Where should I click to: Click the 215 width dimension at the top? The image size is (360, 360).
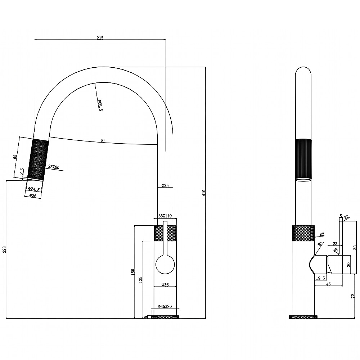pos(100,38)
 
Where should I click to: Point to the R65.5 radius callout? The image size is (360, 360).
pos(100,105)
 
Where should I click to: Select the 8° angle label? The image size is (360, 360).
pos(103,140)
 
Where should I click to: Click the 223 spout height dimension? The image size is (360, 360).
pos(4,249)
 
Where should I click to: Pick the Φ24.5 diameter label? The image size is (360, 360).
pos(34,189)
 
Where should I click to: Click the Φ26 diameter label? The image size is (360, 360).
pos(33,195)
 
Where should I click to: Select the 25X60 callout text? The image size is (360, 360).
pos(54,167)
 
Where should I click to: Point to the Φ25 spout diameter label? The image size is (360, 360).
pos(165,185)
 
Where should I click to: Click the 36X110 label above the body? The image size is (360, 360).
pos(165,216)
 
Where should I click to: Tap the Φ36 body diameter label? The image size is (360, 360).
pos(165,285)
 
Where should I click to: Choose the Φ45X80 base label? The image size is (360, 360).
pos(165,306)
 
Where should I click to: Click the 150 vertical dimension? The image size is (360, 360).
pos(133,272)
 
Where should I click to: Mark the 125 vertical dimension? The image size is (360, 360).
pos(140,280)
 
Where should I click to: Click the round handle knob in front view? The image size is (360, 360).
pos(165,264)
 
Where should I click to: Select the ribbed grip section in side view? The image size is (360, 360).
pos(303,159)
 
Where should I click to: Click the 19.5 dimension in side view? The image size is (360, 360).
pos(320,278)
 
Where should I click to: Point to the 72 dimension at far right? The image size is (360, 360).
pos(353,296)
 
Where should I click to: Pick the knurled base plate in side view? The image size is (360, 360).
pos(303,317)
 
